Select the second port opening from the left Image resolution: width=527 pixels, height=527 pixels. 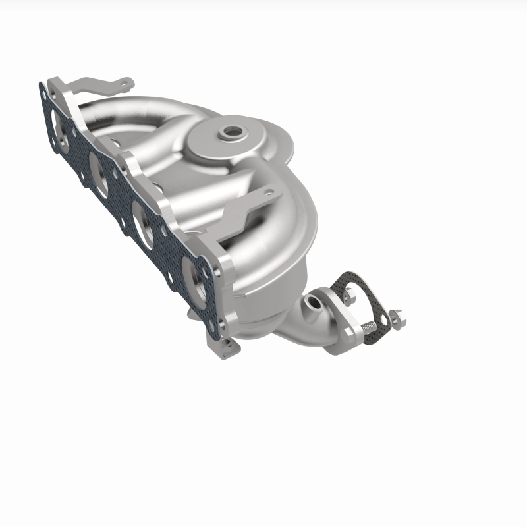pos(98,173)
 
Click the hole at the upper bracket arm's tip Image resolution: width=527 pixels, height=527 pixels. pos(123,84)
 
